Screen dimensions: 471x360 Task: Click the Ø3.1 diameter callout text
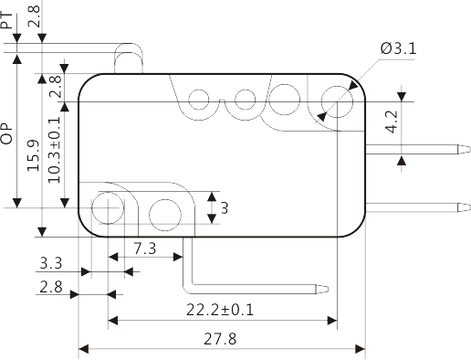tap(398, 48)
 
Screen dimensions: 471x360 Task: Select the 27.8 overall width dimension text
tap(220, 339)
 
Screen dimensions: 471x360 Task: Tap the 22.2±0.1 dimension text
tap(220, 310)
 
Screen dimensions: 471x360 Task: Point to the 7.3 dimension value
tap(145, 249)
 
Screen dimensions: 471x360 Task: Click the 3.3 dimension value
tap(51, 263)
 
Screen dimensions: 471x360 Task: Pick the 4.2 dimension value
tap(392, 122)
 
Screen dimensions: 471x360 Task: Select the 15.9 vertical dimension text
tap(33, 155)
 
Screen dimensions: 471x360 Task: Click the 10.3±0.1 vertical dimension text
tap(55, 150)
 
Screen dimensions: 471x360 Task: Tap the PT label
tap(6, 20)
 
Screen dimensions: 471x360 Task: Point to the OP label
tap(6, 133)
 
